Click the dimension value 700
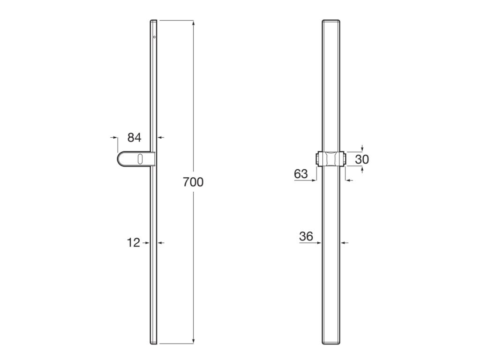tap(193, 182)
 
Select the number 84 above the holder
tap(134, 137)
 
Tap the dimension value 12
tap(134, 243)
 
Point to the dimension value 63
tap(301, 174)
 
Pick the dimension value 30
tap(362, 159)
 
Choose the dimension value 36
tap(306, 237)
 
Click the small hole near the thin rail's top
tap(154, 37)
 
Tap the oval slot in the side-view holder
tap(140, 159)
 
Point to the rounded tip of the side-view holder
tap(119, 159)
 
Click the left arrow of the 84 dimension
tap(115, 137)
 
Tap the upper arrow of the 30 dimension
tap(362, 149)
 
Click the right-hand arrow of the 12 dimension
tap(160, 243)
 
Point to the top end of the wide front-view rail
tap(330, 22)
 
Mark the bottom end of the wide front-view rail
tap(330, 343)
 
